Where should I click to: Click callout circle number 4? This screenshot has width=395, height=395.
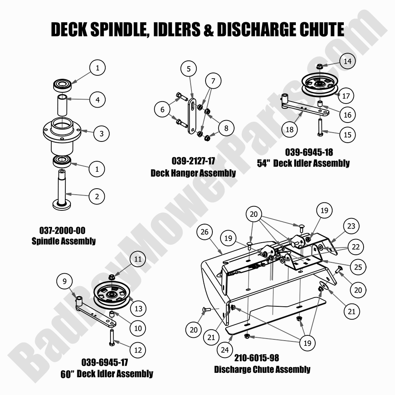click(x=98, y=99)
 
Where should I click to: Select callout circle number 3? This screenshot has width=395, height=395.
click(x=102, y=133)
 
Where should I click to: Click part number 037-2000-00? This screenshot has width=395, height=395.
click(x=62, y=231)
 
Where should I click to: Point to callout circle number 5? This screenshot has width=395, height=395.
click(x=188, y=69)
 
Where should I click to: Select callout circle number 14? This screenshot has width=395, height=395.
click(x=347, y=61)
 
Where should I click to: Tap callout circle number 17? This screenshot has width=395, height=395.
click(x=346, y=96)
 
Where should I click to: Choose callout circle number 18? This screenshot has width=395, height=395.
click(x=289, y=129)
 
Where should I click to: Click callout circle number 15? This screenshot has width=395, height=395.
click(x=347, y=135)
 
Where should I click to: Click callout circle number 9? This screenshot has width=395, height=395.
click(x=64, y=281)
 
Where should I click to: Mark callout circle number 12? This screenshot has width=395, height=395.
click(x=138, y=350)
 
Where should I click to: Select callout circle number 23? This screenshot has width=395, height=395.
click(x=351, y=226)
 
